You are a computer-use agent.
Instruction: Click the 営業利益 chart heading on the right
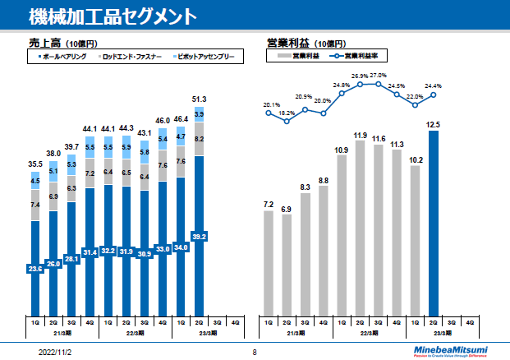[x=283, y=42]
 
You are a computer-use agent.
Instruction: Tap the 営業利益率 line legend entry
[x=361, y=57]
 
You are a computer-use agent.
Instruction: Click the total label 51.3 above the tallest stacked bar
[x=199, y=99]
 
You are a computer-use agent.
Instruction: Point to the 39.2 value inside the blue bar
[x=199, y=236]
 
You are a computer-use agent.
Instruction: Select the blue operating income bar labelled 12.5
[x=434, y=222]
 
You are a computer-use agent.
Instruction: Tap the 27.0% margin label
[x=379, y=75]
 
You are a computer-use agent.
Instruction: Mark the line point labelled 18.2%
[x=287, y=122]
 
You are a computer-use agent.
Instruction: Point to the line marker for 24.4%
[x=434, y=95]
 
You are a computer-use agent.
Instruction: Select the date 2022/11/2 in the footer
[x=57, y=351]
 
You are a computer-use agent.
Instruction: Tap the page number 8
[x=255, y=352]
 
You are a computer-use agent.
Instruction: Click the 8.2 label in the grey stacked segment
[x=199, y=139]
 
